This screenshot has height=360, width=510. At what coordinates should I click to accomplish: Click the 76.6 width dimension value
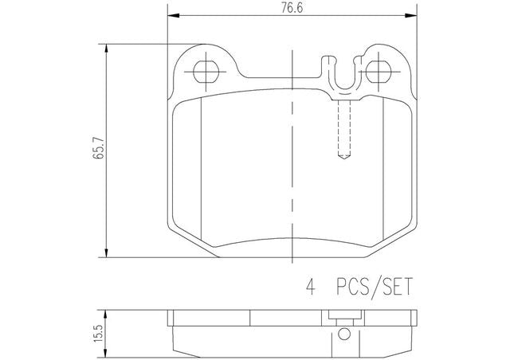tap(292, 8)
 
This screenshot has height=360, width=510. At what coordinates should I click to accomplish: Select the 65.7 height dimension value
tap(98, 148)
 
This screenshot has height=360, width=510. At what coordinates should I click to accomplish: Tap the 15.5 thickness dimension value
tap(98, 333)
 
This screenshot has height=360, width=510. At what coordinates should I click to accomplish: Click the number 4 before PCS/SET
tap(311, 286)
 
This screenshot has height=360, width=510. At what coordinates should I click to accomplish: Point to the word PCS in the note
tap(353, 286)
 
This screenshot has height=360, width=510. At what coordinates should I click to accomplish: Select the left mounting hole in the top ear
tap(206, 72)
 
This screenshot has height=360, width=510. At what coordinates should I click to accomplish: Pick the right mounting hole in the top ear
tap(379, 72)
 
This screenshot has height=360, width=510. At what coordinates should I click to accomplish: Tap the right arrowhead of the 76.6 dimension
tap(411, 15)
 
